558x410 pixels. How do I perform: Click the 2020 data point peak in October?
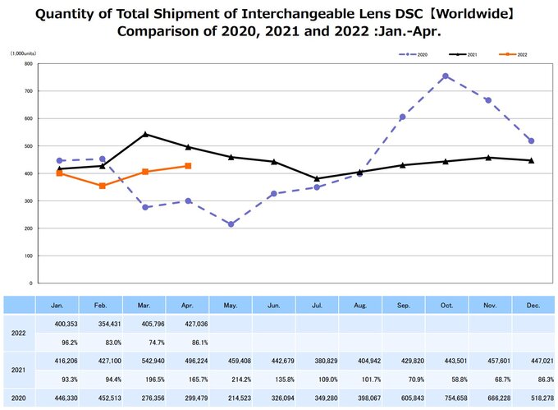[x=445, y=76]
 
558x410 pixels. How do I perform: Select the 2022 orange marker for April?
[x=188, y=166]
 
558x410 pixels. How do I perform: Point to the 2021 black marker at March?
[x=145, y=134]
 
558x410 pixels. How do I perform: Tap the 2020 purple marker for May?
[x=231, y=224]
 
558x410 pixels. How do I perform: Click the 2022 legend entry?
[x=514, y=53]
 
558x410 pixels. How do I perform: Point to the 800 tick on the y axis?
[x=28, y=63]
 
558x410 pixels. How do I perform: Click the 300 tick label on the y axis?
[x=28, y=200]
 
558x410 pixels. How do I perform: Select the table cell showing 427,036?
[x=188, y=325]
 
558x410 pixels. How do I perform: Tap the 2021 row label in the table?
[x=19, y=370]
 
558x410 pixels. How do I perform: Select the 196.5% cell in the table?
[x=145, y=380]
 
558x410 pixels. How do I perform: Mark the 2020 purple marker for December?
[x=531, y=141]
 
